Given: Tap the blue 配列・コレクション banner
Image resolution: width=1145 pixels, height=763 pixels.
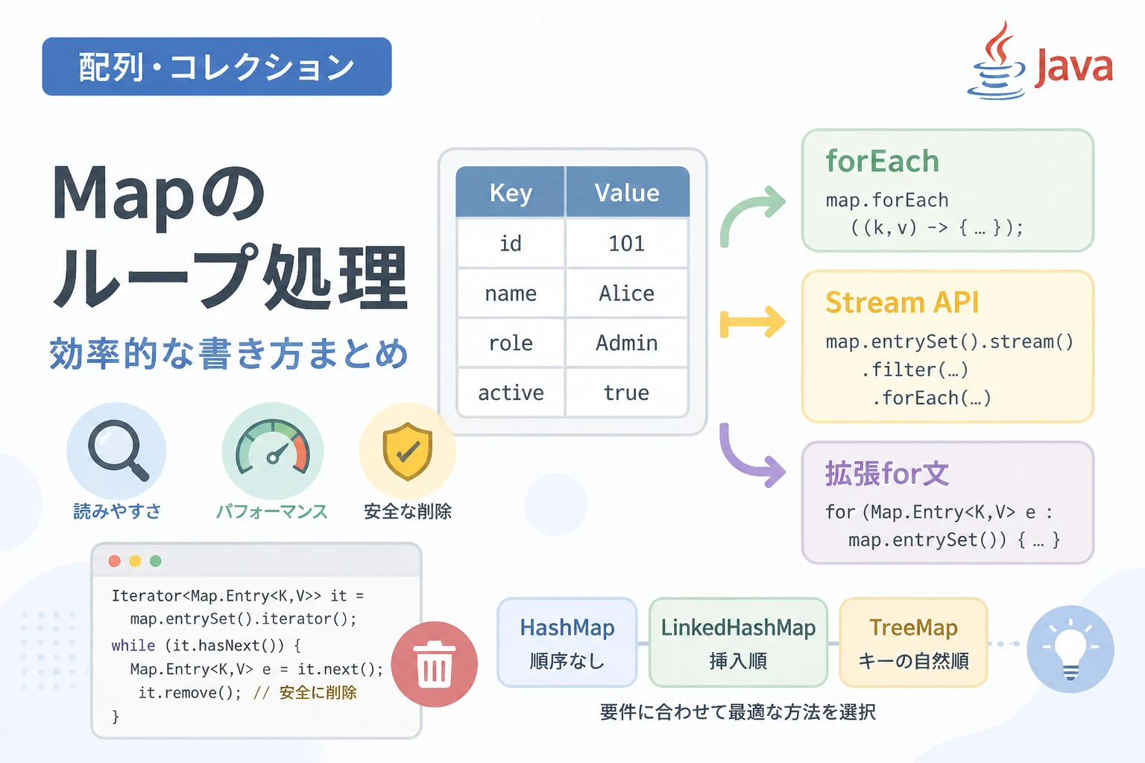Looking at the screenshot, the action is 217,66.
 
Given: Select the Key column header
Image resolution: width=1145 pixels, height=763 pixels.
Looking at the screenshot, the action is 511,192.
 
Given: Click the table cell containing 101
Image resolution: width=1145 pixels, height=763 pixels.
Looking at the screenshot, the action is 627,243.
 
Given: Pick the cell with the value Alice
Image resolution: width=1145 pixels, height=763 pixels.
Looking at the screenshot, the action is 627,294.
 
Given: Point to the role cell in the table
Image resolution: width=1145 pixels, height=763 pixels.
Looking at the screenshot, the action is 511,343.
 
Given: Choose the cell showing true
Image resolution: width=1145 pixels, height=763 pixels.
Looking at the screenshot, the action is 627,393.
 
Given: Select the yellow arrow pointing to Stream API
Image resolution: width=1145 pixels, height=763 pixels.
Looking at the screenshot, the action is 752,322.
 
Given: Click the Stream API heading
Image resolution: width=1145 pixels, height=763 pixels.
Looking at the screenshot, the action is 902,302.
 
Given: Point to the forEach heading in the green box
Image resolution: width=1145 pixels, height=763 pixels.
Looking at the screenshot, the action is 883,161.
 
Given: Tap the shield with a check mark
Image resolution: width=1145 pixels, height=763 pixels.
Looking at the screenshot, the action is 408,451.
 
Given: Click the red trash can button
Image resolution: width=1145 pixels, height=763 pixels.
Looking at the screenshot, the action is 435,664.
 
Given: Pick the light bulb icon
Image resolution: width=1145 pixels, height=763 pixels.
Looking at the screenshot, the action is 1070,649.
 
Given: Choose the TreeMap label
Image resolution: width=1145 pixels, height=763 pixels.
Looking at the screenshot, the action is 913,627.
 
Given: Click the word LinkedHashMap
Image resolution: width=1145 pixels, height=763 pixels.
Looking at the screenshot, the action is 738,627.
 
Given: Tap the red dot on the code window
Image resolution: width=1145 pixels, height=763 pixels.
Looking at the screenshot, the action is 115,561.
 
